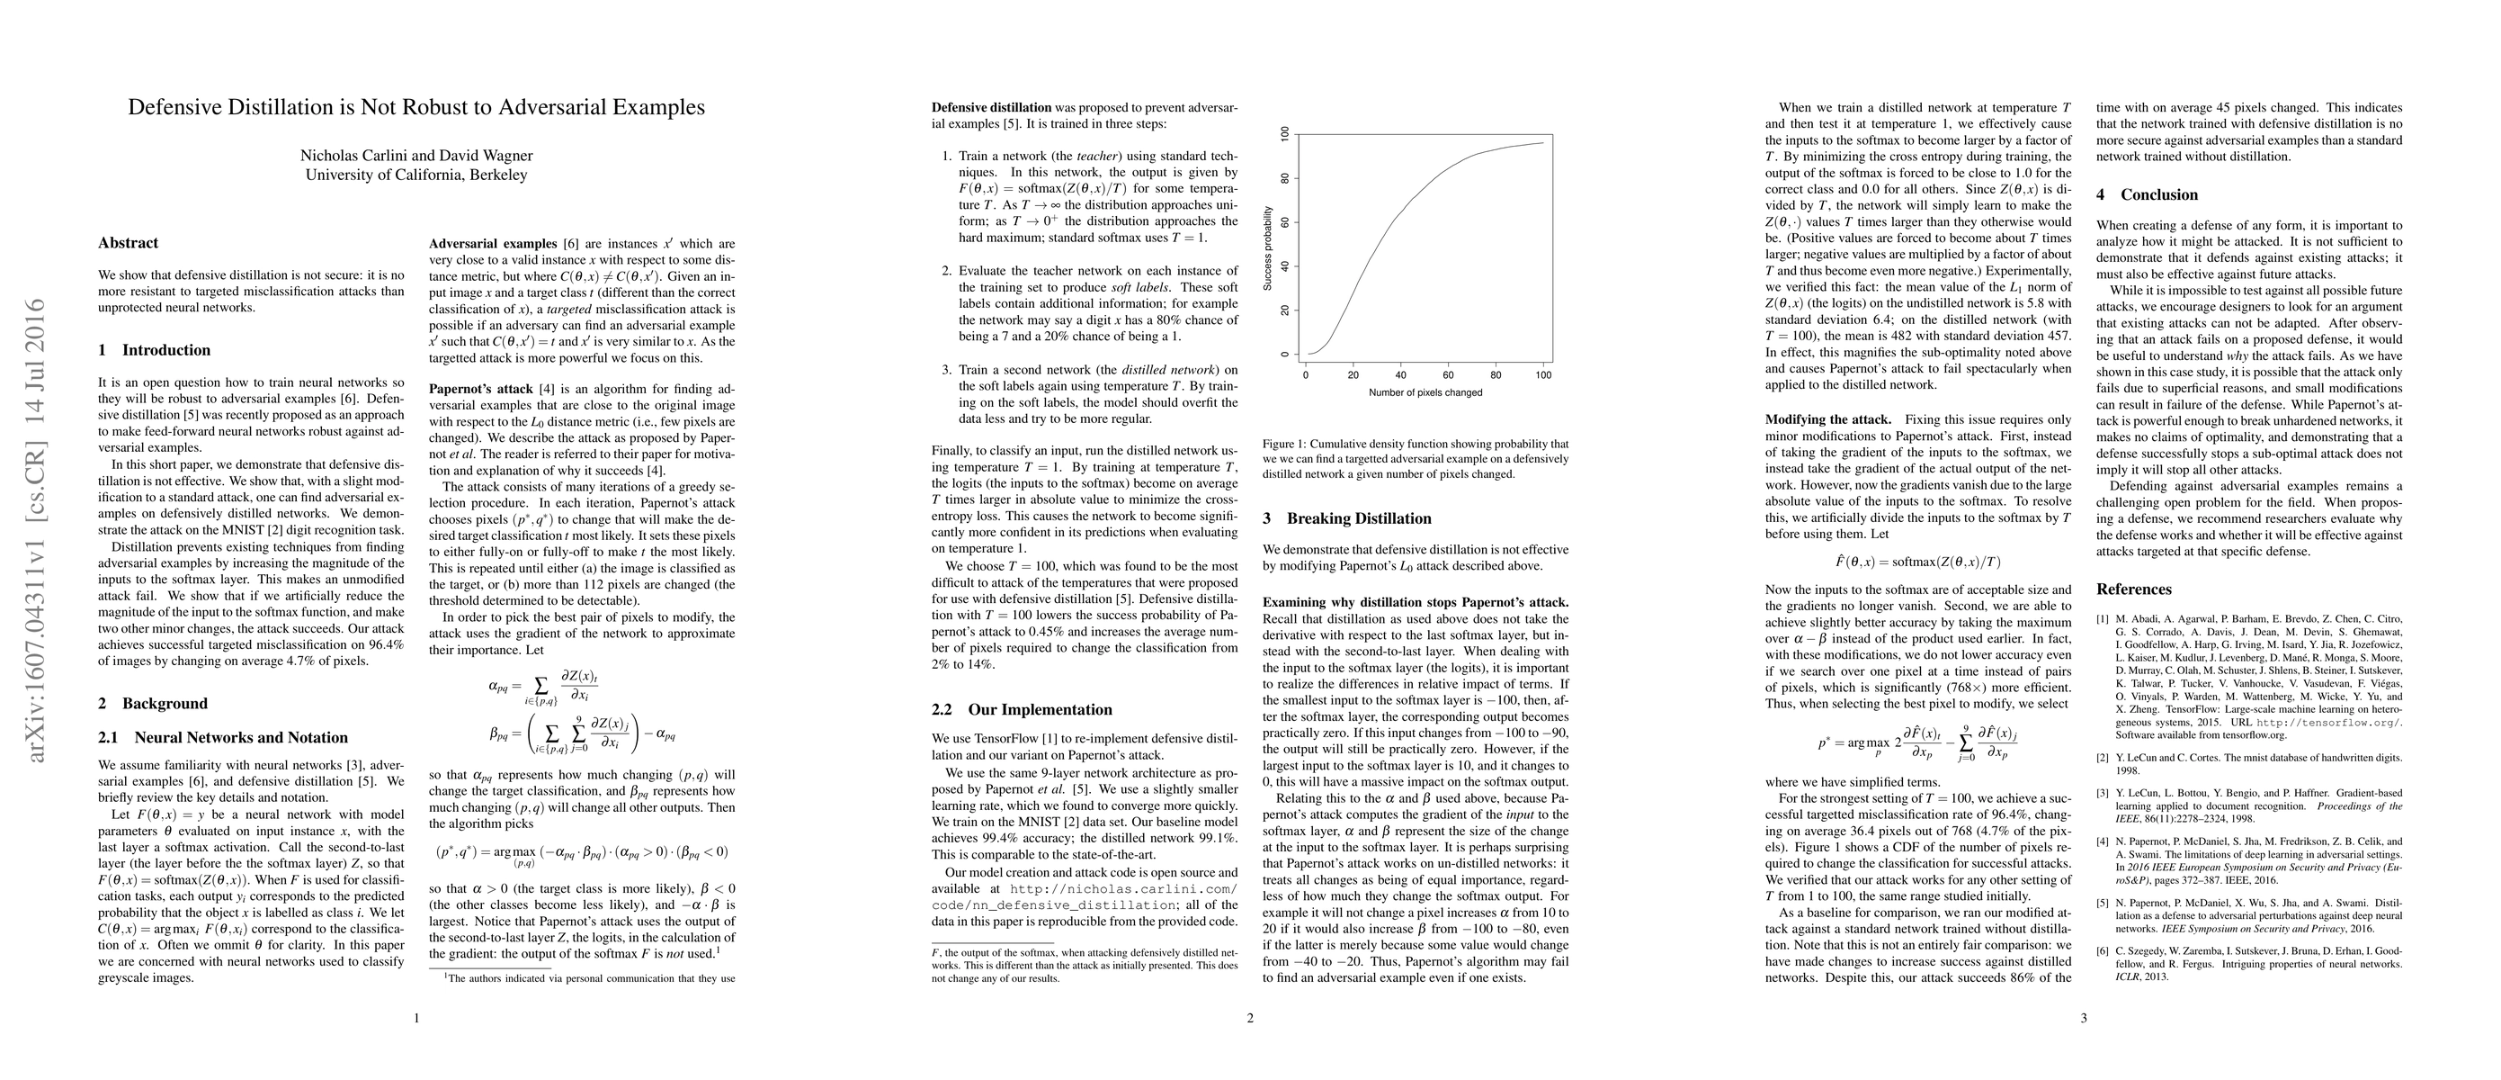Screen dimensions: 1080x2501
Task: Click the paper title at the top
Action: point(416,108)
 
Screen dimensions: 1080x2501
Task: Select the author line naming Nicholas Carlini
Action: point(416,156)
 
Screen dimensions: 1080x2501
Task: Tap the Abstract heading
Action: point(129,243)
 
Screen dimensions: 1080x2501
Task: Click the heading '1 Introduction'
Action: point(155,351)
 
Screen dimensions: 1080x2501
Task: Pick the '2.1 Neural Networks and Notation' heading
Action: point(223,738)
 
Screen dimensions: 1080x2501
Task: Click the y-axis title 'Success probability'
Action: point(1267,247)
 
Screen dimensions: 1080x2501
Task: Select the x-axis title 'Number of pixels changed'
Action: point(1425,393)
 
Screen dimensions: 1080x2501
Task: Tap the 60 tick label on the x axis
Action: point(1449,375)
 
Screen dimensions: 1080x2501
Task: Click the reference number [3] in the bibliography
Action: point(2103,794)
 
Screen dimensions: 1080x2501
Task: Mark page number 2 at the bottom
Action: point(1250,1019)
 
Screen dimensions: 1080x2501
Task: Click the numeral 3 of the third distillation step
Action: point(948,370)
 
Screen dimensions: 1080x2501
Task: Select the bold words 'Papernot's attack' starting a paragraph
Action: point(481,390)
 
